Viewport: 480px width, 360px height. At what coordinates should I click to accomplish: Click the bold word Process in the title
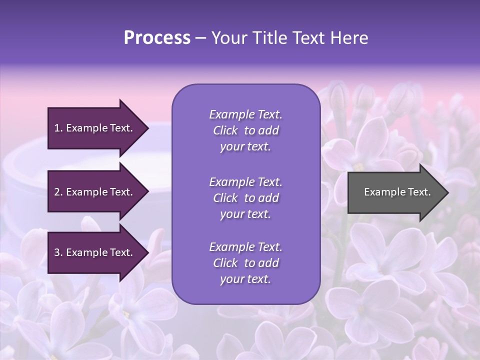[157, 38]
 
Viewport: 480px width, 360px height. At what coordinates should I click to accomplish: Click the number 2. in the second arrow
[58, 192]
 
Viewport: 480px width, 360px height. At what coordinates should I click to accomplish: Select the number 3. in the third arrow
[58, 253]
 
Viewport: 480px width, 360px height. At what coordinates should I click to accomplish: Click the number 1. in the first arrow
[58, 128]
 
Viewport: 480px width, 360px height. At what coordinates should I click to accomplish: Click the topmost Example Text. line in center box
[245, 114]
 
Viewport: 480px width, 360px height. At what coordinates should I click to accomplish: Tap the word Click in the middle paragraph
[225, 198]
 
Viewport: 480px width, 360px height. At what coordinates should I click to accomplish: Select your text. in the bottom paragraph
[245, 279]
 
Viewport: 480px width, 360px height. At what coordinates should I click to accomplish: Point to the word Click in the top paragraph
[225, 131]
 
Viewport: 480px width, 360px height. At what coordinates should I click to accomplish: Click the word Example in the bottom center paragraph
[231, 247]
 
